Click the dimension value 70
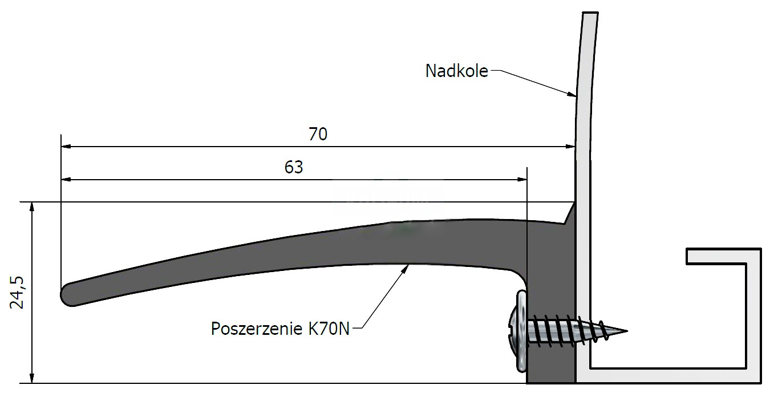[318, 134]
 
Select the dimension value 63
[294, 168]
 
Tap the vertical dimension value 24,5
[17, 293]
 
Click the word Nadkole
[457, 71]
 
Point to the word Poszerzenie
[257, 329]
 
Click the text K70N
[329, 329]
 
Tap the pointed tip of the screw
[627, 331]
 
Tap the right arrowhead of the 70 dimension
[570, 147]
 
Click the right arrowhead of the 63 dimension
[522, 180]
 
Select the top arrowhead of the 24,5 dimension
[32, 207]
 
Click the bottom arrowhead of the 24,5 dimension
[32, 378]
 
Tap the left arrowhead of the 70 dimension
[66, 147]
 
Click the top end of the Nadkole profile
[590, 13]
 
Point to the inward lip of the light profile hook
[715, 257]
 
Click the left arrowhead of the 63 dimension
[66, 180]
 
